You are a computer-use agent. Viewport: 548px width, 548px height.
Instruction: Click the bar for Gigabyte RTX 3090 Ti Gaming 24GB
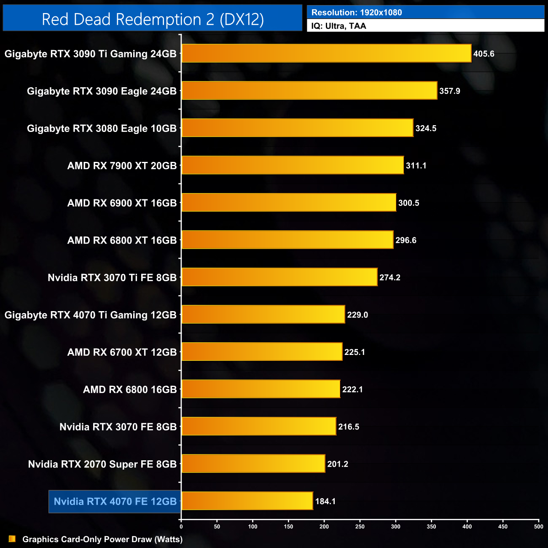[326, 54]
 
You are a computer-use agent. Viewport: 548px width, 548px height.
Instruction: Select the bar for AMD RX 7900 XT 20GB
[293, 165]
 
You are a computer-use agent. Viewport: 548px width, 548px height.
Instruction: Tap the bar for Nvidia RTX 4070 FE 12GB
[247, 501]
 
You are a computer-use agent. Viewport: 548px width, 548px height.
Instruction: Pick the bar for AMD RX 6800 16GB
[261, 389]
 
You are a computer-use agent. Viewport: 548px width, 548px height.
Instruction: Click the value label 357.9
[450, 91]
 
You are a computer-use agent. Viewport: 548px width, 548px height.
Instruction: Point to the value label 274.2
[390, 277]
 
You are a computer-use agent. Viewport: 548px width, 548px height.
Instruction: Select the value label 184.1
[325, 501]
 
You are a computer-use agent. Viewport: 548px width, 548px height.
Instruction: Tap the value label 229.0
[357, 315]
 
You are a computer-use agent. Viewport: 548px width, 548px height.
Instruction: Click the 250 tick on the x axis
[360, 527]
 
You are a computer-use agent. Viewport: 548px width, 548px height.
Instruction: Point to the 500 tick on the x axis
[539, 527]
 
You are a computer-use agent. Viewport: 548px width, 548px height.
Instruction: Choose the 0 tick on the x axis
[181, 527]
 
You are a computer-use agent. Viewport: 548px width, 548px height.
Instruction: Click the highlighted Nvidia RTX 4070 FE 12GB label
[115, 502]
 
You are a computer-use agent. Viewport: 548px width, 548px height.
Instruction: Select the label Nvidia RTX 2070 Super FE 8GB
[102, 464]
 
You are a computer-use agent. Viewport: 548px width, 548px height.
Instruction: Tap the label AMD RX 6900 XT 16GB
[122, 203]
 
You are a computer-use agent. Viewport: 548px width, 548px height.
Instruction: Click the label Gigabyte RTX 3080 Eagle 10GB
[102, 129]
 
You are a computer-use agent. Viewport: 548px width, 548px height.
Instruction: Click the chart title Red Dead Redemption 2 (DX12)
[153, 19]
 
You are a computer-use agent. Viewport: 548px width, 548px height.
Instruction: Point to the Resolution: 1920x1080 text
[357, 13]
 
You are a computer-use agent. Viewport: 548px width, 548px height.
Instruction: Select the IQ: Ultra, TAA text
[338, 26]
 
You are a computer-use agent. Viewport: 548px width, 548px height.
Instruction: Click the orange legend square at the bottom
[12, 539]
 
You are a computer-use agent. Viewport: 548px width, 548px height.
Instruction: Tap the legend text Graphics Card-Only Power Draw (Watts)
[102, 539]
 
